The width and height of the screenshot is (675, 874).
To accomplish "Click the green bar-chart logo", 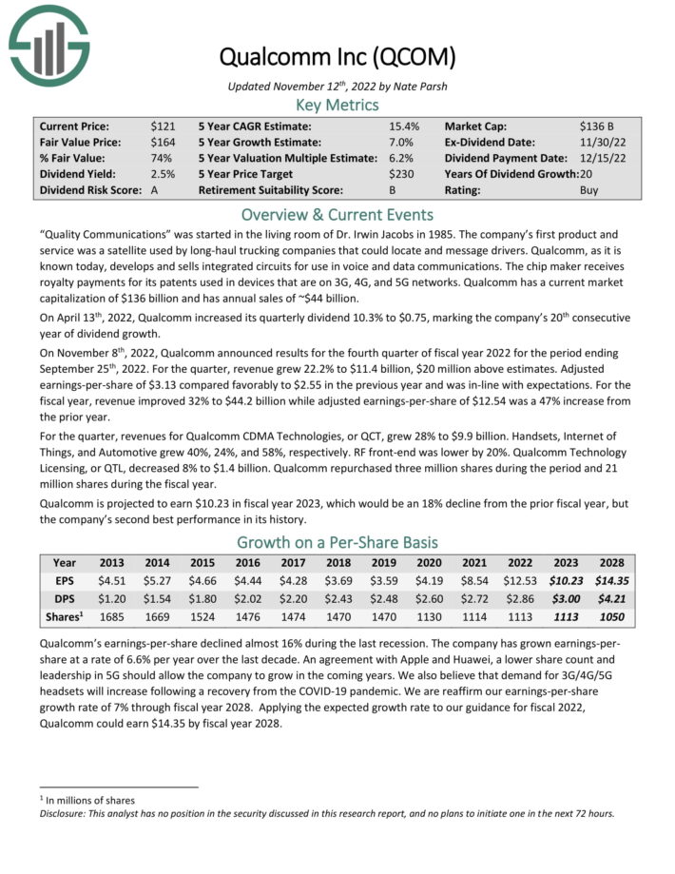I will pyautogui.click(x=48, y=44).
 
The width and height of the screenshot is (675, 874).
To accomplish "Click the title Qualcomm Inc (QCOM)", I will pyautogui.click(x=337, y=57).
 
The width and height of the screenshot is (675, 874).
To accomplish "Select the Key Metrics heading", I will pyautogui.click(x=337, y=104).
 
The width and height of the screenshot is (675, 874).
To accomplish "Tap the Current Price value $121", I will pyautogui.click(x=162, y=126).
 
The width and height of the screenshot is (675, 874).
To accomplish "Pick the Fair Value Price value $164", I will pyautogui.click(x=162, y=142).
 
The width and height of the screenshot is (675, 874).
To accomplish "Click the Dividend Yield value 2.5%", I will pyautogui.click(x=162, y=174).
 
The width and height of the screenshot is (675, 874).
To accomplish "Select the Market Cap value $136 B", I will pyautogui.click(x=598, y=126).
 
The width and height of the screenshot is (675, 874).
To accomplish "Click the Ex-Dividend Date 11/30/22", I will pyautogui.click(x=602, y=142).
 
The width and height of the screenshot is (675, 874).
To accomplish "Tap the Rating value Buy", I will pyautogui.click(x=589, y=190).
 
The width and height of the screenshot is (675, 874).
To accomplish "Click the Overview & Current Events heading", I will pyautogui.click(x=337, y=214).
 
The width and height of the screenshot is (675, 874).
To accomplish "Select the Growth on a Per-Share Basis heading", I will pyautogui.click(x=337, y=542).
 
